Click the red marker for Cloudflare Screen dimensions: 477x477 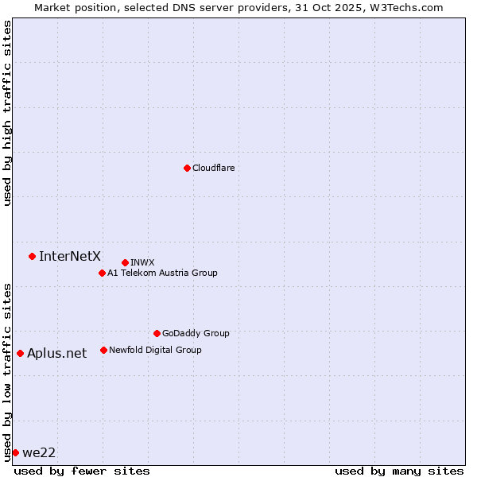(x=187, y=168)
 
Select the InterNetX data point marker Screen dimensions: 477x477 (x=32, y=256)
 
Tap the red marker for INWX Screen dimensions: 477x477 (x=125, y=262)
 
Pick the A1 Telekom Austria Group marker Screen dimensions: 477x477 (x=102, y=273)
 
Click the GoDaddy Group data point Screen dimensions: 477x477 (x=157, y=333)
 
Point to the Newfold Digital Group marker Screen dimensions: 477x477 (x=103, y=350)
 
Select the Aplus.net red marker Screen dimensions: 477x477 (x=20, y=353)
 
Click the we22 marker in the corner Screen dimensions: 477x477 (x=15, y=452)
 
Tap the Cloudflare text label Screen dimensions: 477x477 (x=213, y=168)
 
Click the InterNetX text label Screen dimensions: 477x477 (x=70, y=256)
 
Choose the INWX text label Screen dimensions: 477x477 (x=142, y=262)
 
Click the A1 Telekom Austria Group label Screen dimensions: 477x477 (x=162, y=273)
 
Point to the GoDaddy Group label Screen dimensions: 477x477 (x=196, y=333)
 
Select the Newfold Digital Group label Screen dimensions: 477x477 (x=155, y=350)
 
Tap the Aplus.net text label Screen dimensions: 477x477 (x=56, y=353)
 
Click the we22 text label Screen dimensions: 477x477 (x=39, y=452)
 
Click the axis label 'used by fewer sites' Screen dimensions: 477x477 (x=82, y=471)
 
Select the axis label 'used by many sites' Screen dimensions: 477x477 (x=399, y=471)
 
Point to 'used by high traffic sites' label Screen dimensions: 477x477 (x=7, y=113)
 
